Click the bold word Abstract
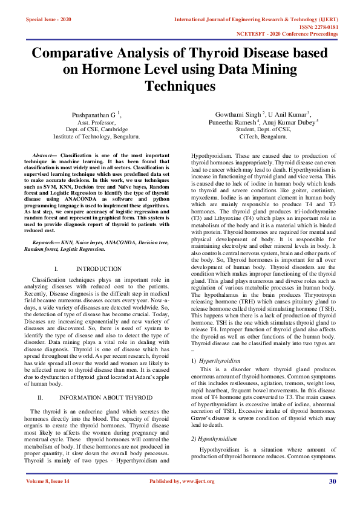pyautogui.click(x=42, y=155)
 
